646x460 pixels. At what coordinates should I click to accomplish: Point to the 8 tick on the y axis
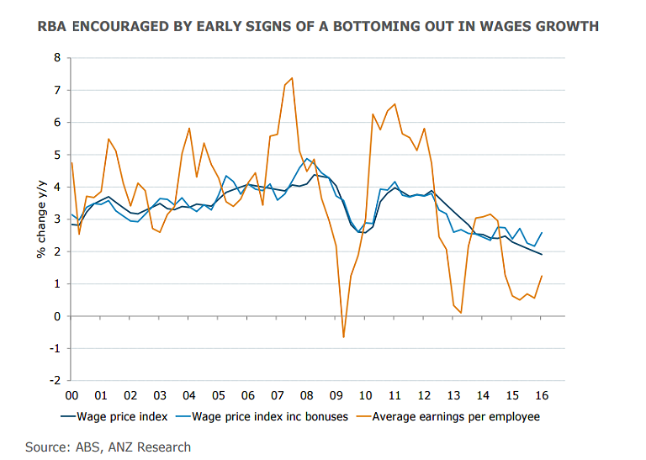(x=58, y=58)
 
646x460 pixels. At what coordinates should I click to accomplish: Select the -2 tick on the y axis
(x=56, y=381)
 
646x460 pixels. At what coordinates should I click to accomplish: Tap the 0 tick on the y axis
(x=58, y=316)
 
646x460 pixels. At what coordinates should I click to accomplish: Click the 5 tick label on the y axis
(x=58, y=155)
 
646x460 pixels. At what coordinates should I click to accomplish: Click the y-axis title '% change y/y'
(x=40, y=219)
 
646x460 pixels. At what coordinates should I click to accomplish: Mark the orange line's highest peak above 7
(x=292, y=78)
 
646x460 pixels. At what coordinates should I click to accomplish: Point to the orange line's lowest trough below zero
(x=343, y=337)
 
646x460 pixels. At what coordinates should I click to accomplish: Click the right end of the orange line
(x=541, y=276)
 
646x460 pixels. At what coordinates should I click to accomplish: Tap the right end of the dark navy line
(x=541, y=254)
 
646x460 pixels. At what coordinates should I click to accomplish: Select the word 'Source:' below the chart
(x=46, y=447)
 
